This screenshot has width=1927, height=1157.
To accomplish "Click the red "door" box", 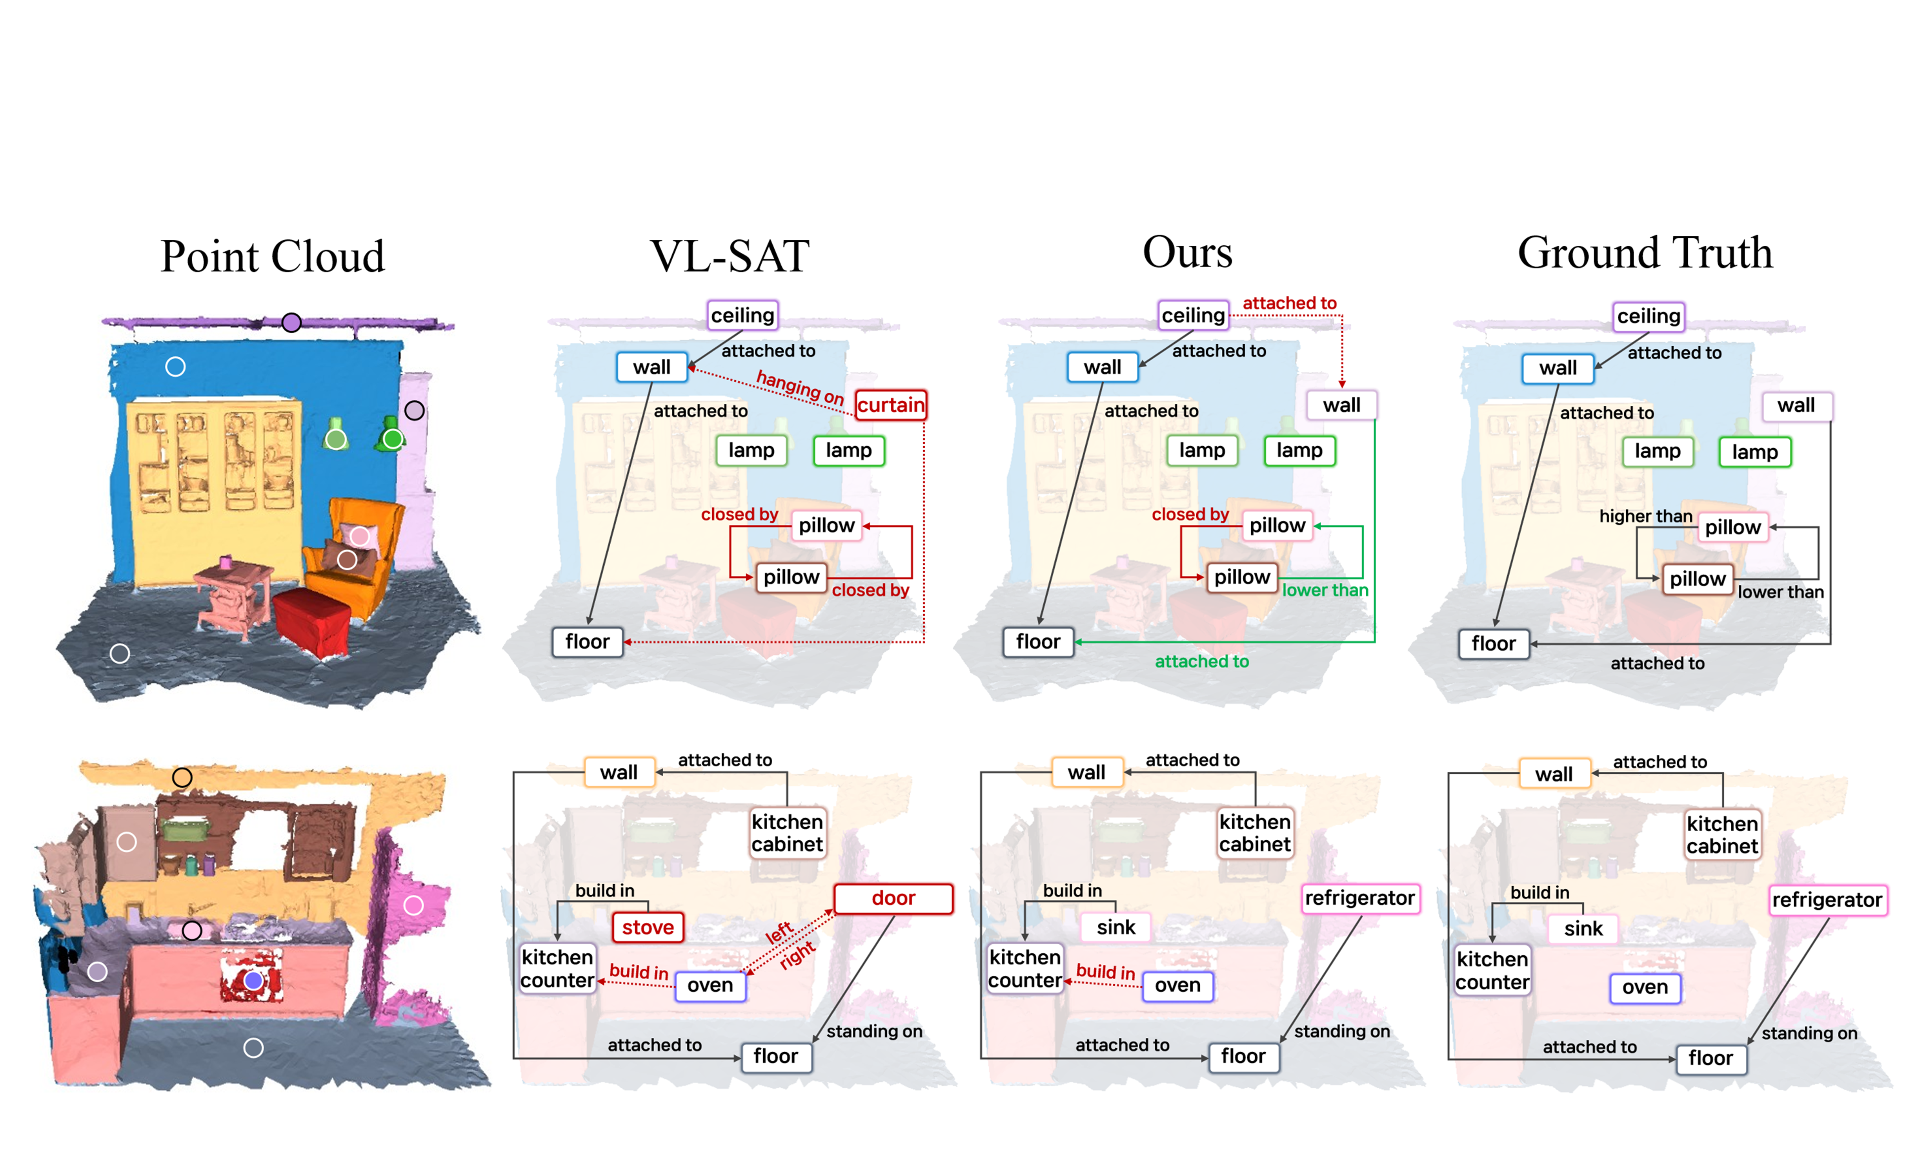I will click(x=893, y=898).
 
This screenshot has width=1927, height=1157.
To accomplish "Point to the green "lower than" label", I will click(x=1325, y=590).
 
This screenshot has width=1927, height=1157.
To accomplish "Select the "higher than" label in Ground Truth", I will click(x=1645, y=516).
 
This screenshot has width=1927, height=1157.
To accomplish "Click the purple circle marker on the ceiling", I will click(x=291, y=322).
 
